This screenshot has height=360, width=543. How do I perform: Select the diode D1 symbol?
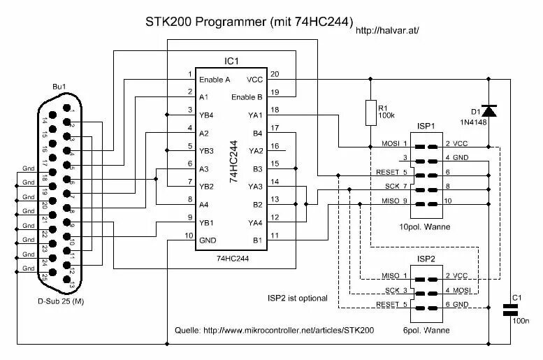489,110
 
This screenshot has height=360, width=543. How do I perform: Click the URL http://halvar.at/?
387,31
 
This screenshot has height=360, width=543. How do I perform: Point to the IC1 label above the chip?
232,62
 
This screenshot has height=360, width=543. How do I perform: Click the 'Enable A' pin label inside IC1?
215,79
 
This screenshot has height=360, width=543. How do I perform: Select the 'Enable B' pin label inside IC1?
247,96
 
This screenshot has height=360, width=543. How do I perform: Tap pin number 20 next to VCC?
275,74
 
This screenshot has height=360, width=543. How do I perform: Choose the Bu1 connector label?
59,87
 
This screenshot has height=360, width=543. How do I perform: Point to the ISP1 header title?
427,127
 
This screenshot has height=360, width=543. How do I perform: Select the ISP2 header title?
427,259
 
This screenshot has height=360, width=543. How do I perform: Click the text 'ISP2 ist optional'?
298,298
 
